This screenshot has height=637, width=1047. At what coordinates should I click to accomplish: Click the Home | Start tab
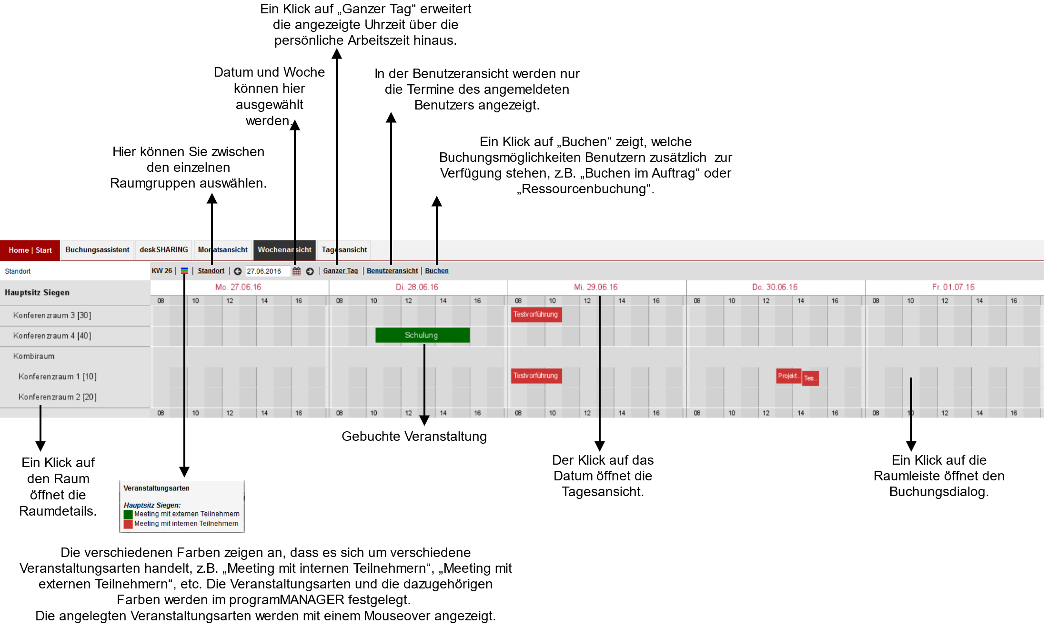click(x=30, y=250)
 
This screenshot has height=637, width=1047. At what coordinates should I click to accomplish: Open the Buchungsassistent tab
click(x=97, y=250)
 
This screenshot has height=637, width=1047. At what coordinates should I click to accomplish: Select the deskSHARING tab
click(x=164, y=250)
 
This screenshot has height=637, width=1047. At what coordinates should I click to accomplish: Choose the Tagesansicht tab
click(x=344, y=250)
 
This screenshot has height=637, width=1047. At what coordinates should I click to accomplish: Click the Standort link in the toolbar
click(x=211, y=271)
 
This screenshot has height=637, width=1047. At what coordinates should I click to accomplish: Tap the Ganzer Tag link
click(x=340, y=271)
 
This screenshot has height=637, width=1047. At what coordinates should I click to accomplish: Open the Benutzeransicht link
click(x=392, y=271)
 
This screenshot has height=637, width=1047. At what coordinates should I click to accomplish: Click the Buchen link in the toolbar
click(x=437, y=271)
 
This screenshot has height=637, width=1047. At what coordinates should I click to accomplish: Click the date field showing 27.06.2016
click(x=267, y=271)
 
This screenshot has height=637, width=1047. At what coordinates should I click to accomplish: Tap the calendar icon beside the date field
click(x=297, y=271)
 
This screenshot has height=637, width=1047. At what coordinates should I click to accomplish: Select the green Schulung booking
click(x=422, y=335)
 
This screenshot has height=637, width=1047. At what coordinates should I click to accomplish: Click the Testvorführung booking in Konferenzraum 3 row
click(x=536, y=315)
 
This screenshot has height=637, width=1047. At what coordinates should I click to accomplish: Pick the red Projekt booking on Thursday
click(x=788, y=376)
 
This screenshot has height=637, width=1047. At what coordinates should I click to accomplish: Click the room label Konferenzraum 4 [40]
click(x=52, y=336)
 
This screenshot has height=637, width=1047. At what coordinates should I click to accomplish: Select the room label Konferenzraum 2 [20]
click(x=57, y=397)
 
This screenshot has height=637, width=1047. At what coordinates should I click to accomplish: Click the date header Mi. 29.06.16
click(x=595, y=287)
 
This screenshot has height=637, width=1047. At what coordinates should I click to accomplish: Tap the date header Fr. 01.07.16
click(x=953, y=287)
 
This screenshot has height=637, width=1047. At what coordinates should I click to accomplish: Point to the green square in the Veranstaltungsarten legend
click(x=128, y=515)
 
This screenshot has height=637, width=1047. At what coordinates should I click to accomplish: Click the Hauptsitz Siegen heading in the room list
click(x=37, y=292)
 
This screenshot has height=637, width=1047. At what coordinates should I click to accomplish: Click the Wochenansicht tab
click(x=284, y=250)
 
